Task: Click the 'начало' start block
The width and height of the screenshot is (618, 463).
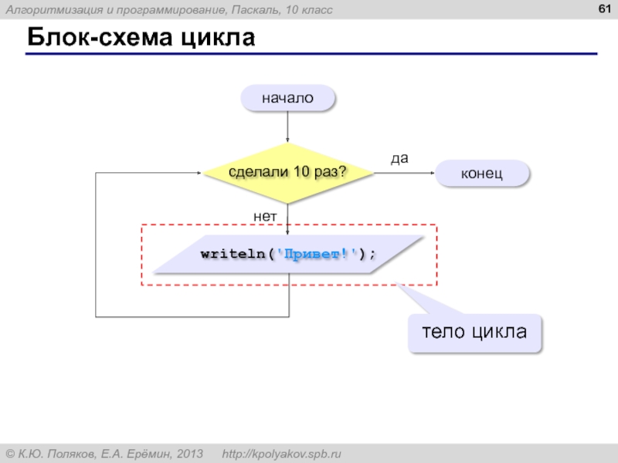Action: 287,98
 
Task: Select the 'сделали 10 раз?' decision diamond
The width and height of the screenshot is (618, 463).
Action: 287,173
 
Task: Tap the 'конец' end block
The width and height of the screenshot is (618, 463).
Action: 482,174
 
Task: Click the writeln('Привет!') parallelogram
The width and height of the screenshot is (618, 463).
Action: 288,255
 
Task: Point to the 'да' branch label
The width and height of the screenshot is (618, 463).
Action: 399,158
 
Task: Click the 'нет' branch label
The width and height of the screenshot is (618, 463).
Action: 265,217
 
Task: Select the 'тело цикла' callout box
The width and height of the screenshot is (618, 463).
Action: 474,333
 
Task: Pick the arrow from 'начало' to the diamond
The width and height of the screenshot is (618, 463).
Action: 287,127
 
